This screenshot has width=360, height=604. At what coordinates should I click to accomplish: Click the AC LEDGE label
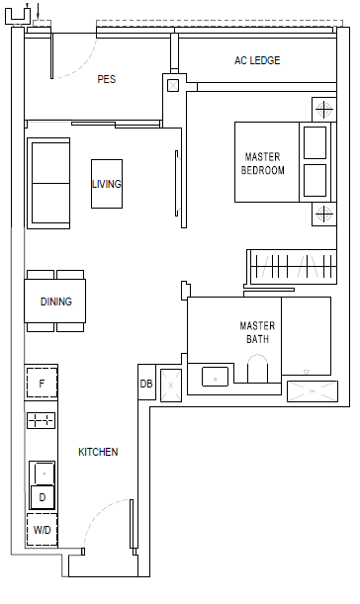[x=257, y=60]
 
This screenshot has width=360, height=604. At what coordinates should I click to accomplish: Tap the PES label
[x=107, y=79]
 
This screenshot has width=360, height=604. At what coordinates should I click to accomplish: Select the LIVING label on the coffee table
[x=107, y=184]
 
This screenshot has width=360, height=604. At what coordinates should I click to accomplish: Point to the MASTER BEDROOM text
[x=263, y=163]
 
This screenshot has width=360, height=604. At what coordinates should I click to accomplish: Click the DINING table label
[x=56, y=302]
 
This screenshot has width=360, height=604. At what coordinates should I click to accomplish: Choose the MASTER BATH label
[x=257, y=332]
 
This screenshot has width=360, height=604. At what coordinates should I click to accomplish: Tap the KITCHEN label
[x=98, y=452]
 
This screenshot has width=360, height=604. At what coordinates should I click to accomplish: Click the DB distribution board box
[x=146, y=384]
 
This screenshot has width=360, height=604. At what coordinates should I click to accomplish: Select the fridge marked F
[x=42, y=384]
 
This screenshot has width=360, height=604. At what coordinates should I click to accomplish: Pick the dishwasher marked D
[x=43, y=497]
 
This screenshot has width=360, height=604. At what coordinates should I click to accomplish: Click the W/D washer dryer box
[x=42, y=530]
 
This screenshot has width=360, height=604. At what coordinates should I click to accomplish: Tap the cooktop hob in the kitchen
[x=42, y=421]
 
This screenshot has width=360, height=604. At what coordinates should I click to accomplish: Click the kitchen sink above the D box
[x=43, y=474]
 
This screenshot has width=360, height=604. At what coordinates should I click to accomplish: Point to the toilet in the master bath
[x=257, y=369]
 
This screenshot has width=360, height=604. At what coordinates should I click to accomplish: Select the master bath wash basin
[x=215, y=377]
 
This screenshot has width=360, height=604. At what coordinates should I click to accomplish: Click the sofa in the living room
[x=48, y=183]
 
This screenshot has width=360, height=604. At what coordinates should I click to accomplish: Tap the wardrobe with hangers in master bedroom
[x=292, y=267]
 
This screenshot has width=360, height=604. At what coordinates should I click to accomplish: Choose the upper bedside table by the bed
[x=324, y=110]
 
